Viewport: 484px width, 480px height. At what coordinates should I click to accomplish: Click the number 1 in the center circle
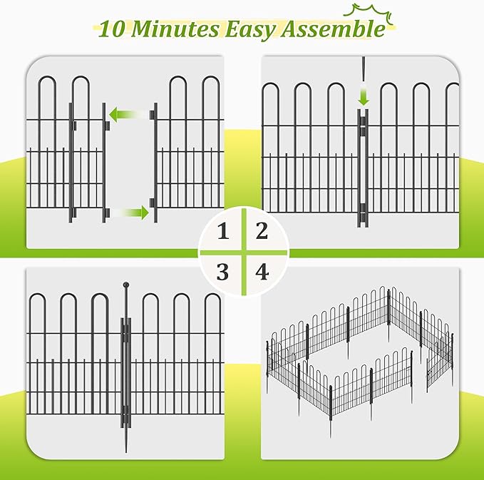click(224, 232)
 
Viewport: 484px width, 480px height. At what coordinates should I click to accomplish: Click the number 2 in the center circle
click(262, 230)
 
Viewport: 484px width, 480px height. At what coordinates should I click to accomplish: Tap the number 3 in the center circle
click(224, 272)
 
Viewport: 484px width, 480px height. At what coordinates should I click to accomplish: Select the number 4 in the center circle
click(262, 272)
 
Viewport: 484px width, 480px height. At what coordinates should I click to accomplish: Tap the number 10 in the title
click(115, 30)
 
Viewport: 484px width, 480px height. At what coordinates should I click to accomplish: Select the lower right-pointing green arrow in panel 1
click(130, 212)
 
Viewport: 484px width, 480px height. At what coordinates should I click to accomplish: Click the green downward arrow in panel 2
click(364, 97)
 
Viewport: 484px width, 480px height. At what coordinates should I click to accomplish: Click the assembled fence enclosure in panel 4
click(360, 357)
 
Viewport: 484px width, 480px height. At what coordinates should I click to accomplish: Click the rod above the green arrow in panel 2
click(364, 70)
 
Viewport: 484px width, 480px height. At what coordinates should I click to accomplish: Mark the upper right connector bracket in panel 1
click(153, 113)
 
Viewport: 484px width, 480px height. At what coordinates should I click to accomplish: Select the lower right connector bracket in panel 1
click(153, 211)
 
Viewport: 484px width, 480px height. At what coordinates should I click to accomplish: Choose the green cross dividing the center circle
click(242, 252)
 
